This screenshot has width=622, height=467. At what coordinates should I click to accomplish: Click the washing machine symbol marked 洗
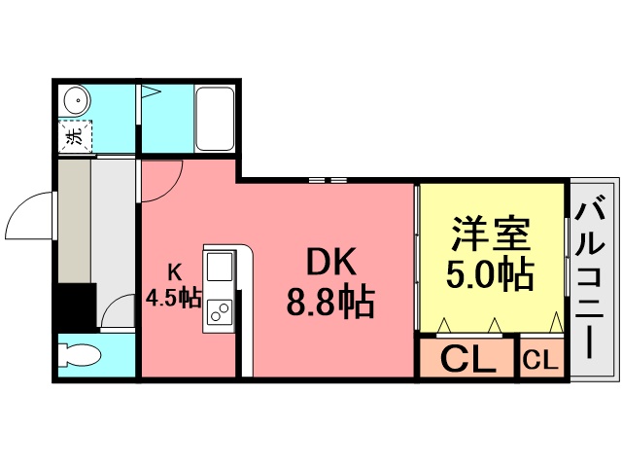click(x=76, y=136)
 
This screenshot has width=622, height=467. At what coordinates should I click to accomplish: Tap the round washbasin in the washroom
click(x=77, y=99)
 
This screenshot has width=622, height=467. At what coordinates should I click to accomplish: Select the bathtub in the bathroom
click(x=215, y=119)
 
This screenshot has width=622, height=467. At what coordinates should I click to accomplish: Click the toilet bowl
click(x=79, y=355)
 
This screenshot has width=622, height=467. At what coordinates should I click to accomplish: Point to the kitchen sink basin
click(x=219, y=267)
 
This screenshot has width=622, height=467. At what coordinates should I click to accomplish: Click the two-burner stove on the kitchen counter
click(x=219, y=311)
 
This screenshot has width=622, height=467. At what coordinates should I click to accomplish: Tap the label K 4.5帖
click(x=174, y=286)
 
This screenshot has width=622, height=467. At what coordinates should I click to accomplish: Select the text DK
click(x=331, y=262)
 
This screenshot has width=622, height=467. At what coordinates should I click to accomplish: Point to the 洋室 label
click(x=492, y=233)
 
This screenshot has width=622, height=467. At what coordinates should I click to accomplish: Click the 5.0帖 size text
click(x=489, y=274)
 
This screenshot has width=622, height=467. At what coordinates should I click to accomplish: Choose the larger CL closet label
click(x=467, y=359)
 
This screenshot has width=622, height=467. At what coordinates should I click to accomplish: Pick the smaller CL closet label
click(x=540, y=361)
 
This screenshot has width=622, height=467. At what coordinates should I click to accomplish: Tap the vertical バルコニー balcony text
click(x=590, y=280)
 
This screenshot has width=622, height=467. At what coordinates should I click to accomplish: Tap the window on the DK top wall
click(x=328, y=180)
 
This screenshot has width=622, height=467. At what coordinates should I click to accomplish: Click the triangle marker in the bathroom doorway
click(x=151, y=92)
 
